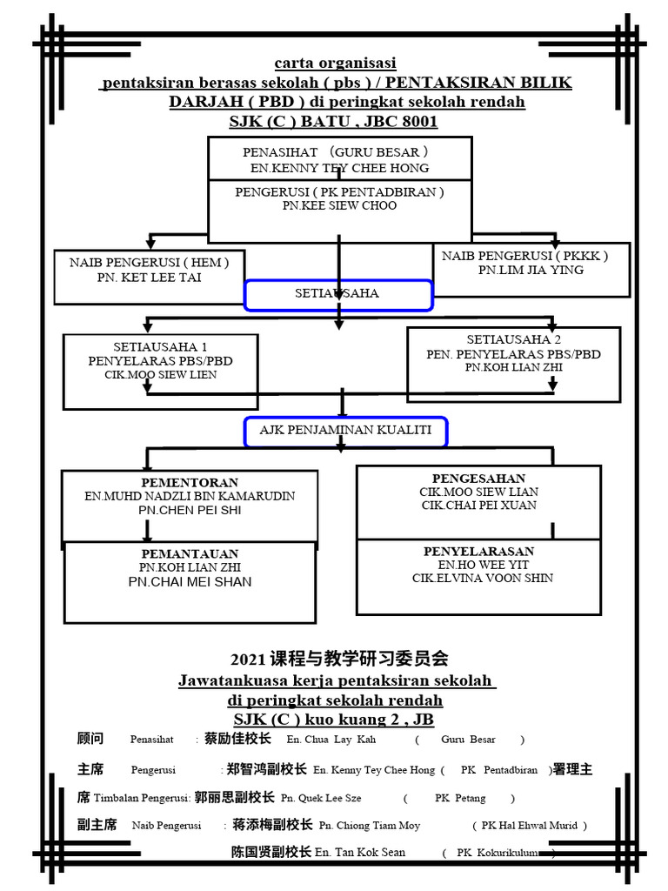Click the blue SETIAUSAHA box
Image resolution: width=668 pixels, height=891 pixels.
(337, 294)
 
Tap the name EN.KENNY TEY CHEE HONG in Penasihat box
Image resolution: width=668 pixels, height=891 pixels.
(341, 168)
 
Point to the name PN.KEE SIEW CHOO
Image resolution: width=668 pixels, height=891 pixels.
(339, 206)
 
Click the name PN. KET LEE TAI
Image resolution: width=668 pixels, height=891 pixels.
(149, 278)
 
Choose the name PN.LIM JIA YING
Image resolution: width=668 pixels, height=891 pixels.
(531, 271)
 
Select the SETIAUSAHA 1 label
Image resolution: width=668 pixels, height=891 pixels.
(160, 346)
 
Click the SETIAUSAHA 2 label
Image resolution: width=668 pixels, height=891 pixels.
(514, 339)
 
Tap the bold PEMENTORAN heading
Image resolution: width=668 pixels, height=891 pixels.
(190, 483)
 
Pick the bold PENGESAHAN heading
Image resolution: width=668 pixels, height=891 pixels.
(478, 479)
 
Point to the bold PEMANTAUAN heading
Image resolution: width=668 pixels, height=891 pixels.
(190, 553)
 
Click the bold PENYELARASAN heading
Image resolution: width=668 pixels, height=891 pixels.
(478, 552)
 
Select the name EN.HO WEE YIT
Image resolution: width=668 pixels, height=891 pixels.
(483, 565)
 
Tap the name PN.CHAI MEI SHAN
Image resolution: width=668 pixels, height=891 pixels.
(190, 581)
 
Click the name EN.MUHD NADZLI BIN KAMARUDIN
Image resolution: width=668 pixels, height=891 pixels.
(190, 497)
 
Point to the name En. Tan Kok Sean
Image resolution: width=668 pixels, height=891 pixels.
(360, 853)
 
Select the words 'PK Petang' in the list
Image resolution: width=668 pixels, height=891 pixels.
(460, 798)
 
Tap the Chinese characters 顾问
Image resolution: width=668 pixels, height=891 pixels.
(90, 739)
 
